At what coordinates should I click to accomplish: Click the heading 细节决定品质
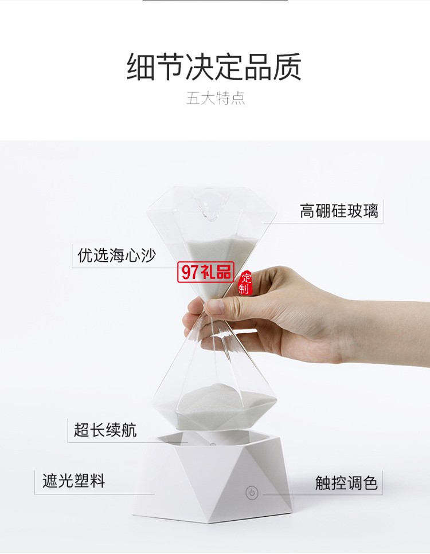(214, 67)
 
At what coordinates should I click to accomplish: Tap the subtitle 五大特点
(216, 98)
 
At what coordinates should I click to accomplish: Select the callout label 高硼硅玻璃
(339, 211)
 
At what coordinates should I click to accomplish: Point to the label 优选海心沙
(116, 255)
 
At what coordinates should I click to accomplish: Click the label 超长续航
(105, 429)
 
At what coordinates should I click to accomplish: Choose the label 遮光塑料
(73, 480)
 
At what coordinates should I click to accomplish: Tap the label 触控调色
(346, 483)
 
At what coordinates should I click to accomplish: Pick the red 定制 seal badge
(245, 283)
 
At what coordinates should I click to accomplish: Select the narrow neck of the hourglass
(213, 312)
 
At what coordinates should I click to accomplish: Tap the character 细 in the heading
(141, 67)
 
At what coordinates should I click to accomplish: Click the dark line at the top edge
(215, 1)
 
